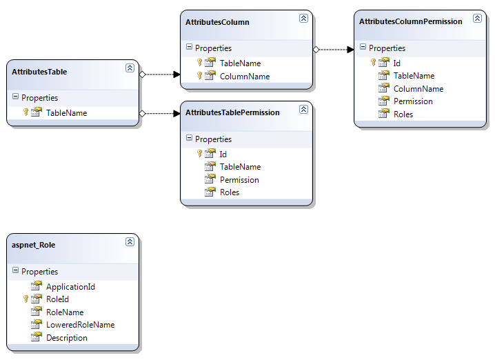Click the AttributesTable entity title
coord(39,72)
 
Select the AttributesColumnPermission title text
coord(410,21)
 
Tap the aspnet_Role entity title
coord(34,245)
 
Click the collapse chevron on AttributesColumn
coord(303,19)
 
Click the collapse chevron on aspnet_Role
coord(130,242)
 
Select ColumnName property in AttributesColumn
coord(244,77)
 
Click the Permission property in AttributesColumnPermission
coord(413,101)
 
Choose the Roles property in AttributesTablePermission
coord(230,192)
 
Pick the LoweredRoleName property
coord(80,325)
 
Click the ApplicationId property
coord(70,287)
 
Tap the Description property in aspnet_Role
coord(67,338)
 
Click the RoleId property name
coord(57,299)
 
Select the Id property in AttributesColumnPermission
coord(398,62)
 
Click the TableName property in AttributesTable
coord(66,112)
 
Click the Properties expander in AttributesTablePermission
coord(189,139)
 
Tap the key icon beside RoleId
coord(26,299)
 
